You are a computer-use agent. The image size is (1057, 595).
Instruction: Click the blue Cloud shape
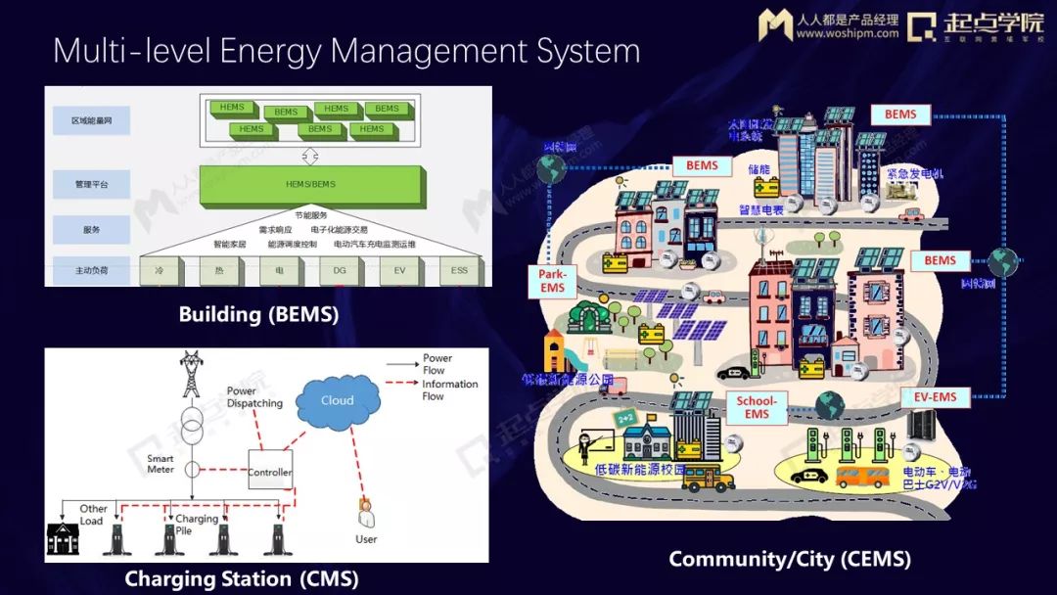337,401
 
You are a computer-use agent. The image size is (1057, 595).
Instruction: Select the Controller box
269,472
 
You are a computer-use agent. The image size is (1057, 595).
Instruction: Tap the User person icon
366,516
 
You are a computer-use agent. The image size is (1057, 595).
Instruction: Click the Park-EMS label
553,282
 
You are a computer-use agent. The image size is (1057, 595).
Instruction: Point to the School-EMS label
757,407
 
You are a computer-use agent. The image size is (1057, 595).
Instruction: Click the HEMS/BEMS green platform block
310,184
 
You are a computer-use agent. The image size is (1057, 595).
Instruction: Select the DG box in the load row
339,269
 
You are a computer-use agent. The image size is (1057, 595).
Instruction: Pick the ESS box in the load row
458,269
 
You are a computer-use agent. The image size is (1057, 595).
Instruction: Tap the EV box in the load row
398,269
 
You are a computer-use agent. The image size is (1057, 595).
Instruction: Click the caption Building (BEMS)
258,315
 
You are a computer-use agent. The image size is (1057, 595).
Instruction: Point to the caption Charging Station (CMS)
241,579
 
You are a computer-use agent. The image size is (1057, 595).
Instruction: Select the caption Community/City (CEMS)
789,559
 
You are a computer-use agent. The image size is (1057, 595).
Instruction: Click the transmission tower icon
190,373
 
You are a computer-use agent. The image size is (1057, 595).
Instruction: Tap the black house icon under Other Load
63,539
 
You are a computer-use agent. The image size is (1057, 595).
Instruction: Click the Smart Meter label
161,464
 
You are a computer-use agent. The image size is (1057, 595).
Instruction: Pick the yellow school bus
708,478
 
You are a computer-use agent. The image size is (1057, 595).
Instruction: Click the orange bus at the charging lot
861,477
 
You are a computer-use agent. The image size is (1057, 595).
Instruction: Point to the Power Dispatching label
254,397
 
